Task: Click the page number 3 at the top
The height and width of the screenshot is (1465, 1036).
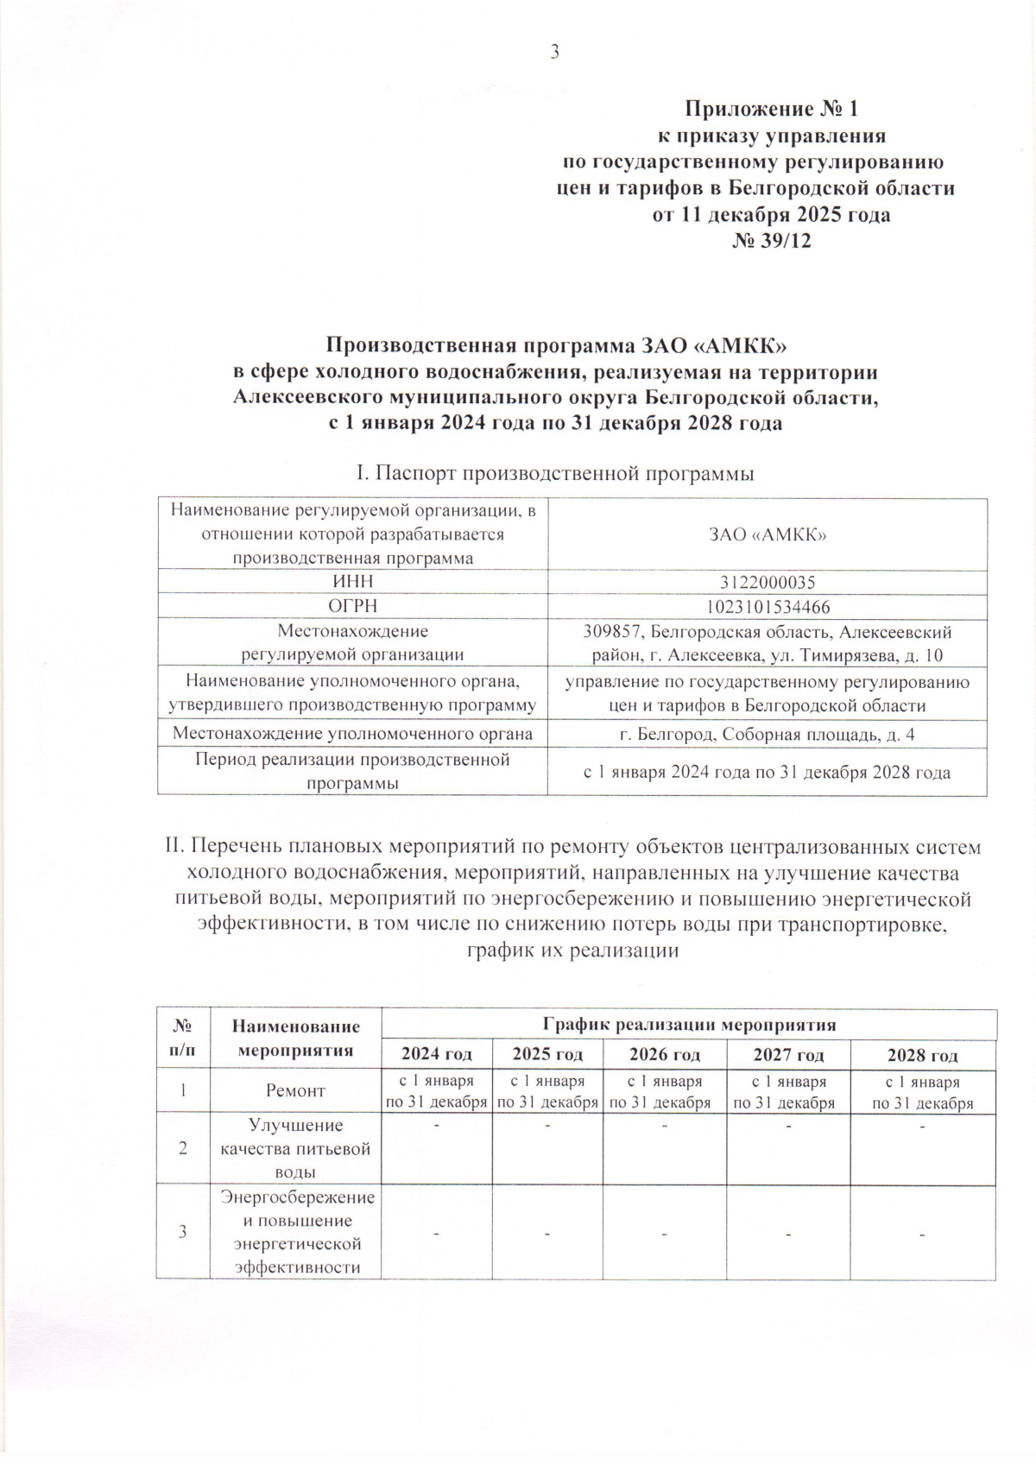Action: tap(555, 52)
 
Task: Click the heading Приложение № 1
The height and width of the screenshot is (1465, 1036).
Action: tap(771, 110)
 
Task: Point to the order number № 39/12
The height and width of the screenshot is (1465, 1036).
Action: tap(771, 242)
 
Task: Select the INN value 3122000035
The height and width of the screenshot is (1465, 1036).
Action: tap(768, 583)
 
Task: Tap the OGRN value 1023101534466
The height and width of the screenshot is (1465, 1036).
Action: tap(768, 606)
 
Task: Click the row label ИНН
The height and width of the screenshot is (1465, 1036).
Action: tap(352, 583)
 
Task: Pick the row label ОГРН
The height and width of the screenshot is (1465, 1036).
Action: tap(352, 606)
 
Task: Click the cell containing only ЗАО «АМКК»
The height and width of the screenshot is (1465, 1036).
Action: tap(768, 535)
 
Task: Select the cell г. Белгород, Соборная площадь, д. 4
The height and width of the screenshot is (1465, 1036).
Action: tap(768, 735)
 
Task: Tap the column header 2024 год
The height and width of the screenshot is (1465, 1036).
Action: tap(437, 1054)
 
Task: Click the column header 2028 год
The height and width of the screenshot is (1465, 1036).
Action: tap(923, 1055)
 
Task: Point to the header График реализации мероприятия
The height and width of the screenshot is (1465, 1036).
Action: tap(689, 1025)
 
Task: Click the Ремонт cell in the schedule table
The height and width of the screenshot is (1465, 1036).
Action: tap(295, 1091)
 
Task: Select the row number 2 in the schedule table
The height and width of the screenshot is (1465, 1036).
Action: tap(183, 1149)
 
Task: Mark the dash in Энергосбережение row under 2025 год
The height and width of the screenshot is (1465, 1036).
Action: tap(547, 1233)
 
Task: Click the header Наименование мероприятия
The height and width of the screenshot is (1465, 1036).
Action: tap(295, 1039)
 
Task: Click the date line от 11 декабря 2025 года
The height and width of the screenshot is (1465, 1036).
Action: tap(771, 215)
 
